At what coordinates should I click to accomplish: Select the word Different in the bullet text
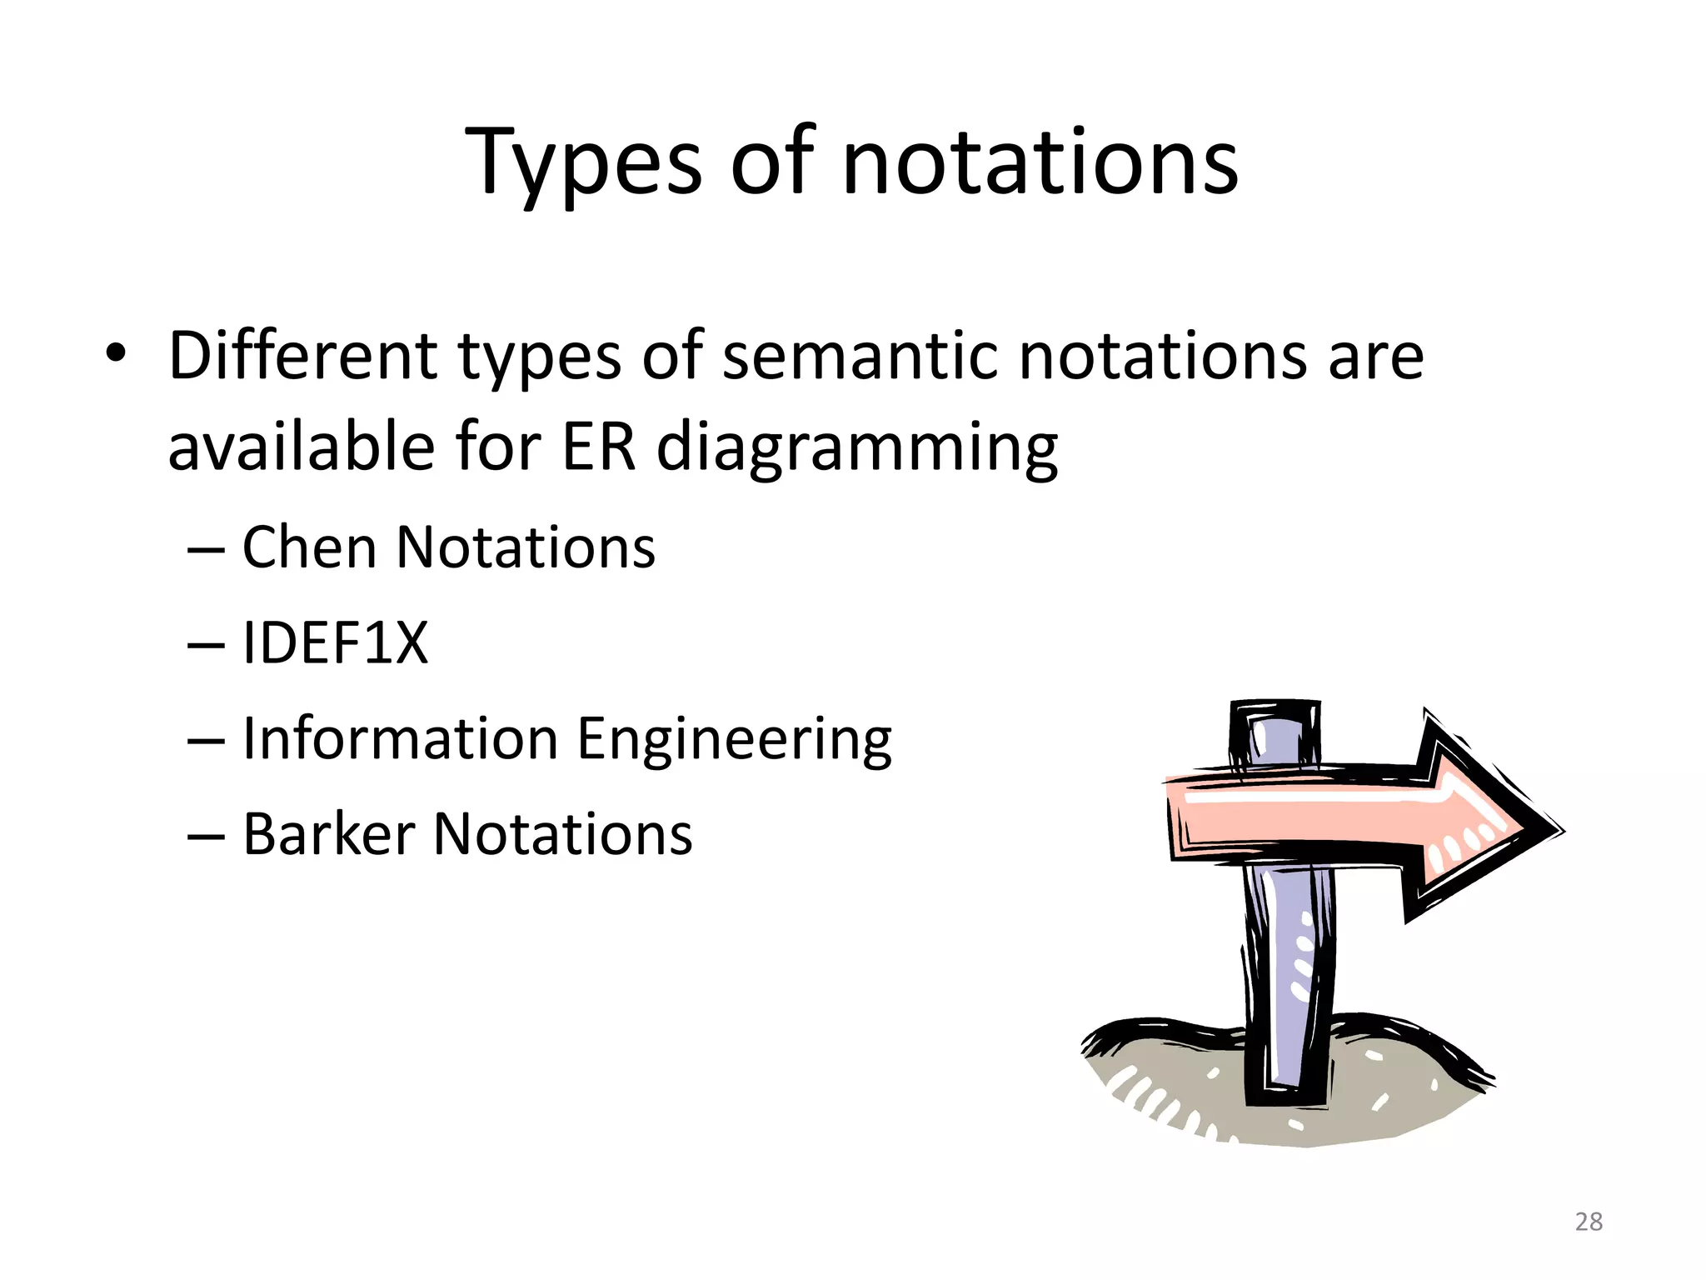point(302,356)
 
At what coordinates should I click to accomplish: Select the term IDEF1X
point(335,643)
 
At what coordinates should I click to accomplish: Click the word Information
point(400,738)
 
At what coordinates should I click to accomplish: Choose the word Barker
point(328,834)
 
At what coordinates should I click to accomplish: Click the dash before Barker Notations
point(206,836)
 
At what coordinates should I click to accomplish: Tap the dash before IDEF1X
point(206,645)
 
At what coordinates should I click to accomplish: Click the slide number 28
point(1589,1222)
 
